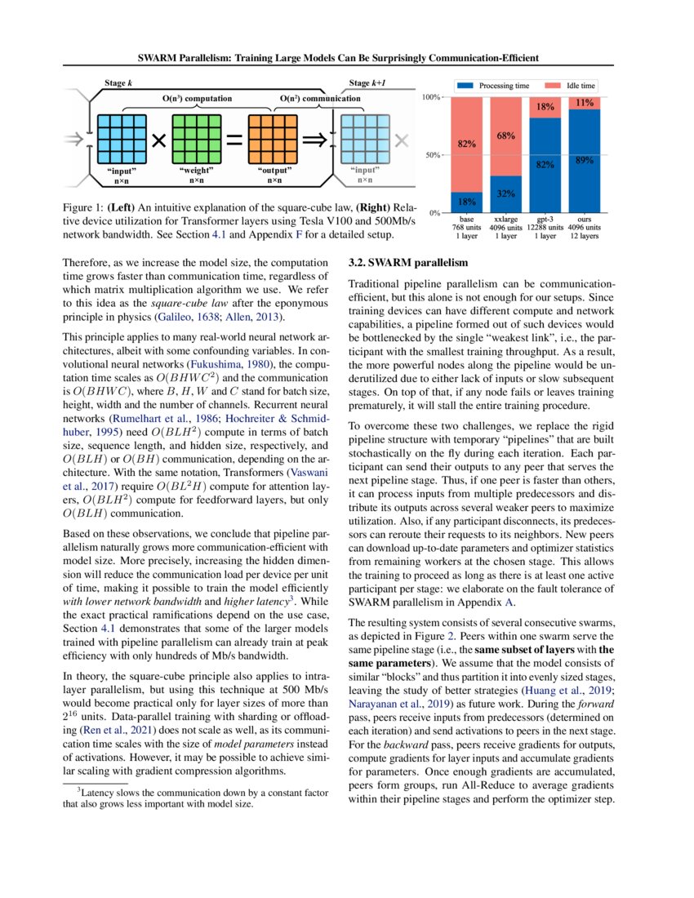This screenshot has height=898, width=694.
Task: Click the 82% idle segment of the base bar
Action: (467, 144)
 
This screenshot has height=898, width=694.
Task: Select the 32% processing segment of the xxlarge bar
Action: (506, 194)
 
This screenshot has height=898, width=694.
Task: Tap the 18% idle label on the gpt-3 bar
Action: (545, 107)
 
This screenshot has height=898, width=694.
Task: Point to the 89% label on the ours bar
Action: (585, 161)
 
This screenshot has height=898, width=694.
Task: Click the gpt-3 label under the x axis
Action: (545, 220)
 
